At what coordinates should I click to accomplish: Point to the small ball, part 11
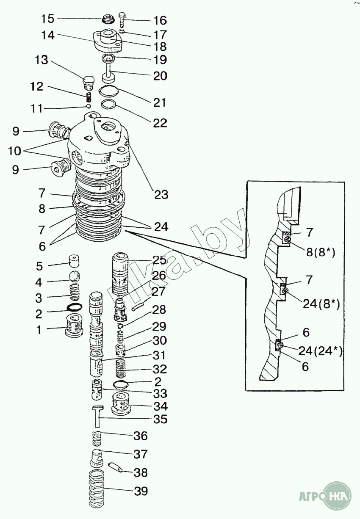(89, 105)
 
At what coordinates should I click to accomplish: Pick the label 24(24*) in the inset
(319, 351)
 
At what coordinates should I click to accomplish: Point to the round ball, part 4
(75, 276)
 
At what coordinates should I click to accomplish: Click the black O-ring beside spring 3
(75, 308)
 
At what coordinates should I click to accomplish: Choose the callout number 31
(159, 355)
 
